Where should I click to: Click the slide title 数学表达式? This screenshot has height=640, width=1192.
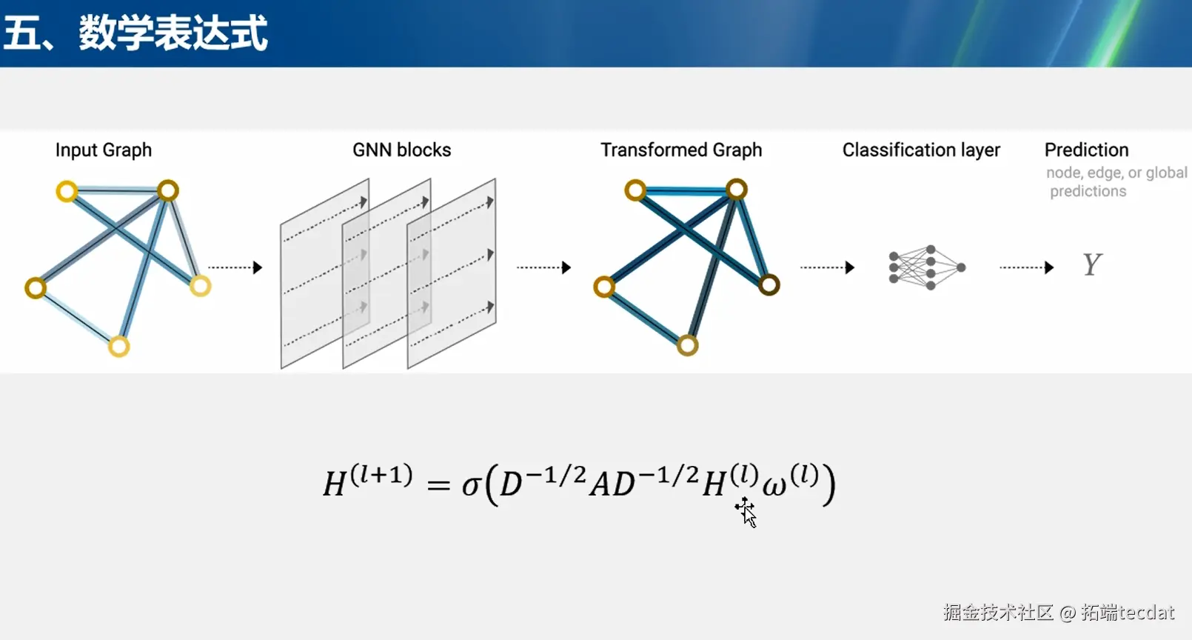173,33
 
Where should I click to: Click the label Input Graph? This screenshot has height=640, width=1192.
104,150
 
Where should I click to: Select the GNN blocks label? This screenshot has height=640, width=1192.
401,150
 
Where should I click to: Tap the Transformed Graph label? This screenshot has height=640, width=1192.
681,150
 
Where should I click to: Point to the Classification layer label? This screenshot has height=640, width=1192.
921,150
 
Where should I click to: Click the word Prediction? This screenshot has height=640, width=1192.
1086,150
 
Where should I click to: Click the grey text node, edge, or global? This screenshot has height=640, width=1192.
1116,173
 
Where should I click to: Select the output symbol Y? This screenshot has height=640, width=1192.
1092,264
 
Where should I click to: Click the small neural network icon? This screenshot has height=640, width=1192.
927,267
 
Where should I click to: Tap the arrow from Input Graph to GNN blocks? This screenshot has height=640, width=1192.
235,267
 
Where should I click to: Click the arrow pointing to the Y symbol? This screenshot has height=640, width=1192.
1027,267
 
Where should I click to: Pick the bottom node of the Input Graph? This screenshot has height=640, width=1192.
118,346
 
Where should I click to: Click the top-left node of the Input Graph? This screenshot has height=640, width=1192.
67,192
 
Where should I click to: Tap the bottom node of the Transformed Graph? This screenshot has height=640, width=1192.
687,344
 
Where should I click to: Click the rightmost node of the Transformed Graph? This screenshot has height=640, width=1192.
769,284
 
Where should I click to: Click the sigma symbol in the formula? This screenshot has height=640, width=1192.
471,486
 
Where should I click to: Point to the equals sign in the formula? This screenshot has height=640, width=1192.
438,486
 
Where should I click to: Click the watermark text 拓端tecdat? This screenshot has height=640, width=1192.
1128,613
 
